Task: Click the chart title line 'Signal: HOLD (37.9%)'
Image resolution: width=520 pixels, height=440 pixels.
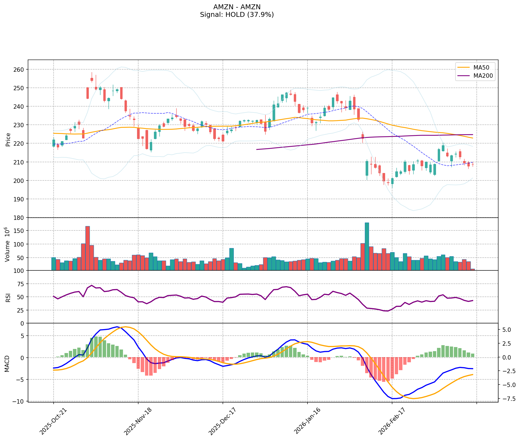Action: point(237,15)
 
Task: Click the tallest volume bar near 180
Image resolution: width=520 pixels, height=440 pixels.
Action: point(367,246)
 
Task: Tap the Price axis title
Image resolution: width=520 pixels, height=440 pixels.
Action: point(8,139)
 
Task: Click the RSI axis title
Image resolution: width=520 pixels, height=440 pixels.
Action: point(8,297)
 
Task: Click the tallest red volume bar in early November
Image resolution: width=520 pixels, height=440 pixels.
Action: point(88,248)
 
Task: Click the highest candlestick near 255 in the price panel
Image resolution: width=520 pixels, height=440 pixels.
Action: point(92,79)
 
